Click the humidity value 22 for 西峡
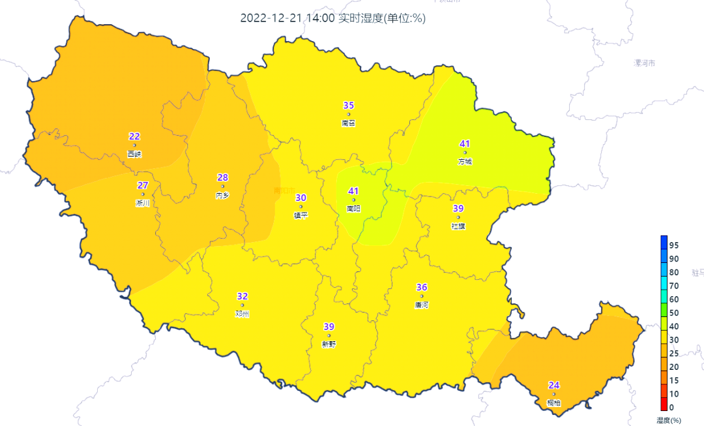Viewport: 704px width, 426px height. (134, 136)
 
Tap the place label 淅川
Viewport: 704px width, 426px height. (143, 203)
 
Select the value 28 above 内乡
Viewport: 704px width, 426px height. (223, 177)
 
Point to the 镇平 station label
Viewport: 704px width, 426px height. (301, 215)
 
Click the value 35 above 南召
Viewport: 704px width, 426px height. (349, 106)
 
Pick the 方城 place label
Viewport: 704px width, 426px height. (465, 161)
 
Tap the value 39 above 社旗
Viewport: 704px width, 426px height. (458, 208)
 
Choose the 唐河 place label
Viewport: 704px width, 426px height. (422, 305)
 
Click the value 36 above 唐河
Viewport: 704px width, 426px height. (422, 287)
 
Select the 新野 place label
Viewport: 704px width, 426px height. (329, 344)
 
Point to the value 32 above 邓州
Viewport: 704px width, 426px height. (242, 296)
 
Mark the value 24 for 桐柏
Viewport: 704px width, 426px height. (554, 385)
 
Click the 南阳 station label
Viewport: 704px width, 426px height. (354, 209)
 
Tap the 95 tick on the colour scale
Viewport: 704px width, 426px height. (674, 245)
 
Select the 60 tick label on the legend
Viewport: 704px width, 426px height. (674, 299)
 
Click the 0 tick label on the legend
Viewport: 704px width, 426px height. (671, 408)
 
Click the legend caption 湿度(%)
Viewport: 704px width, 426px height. (669, 419)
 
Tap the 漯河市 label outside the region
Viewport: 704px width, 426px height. (645, 63)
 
